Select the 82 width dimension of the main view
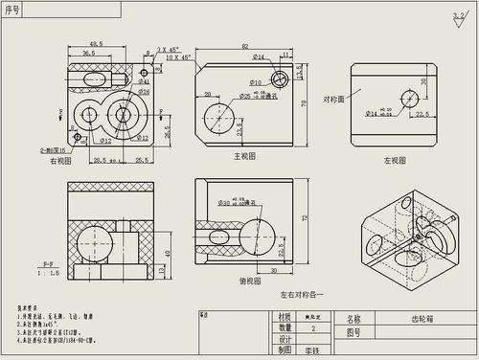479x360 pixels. pos(245,46)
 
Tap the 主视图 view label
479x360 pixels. pos(244,155)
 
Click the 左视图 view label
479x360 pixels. pos(393,160)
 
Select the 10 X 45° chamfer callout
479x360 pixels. pos(178,57)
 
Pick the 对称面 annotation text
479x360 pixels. pos(333,98)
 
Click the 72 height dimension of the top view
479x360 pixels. pos(307,219)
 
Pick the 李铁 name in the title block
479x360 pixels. pos(308,350)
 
